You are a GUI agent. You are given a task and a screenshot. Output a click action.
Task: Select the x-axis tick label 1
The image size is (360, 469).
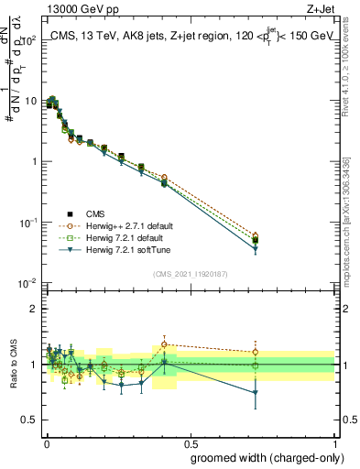click(336, 442)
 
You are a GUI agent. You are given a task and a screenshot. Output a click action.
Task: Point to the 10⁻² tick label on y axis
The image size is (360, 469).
click(27, 284)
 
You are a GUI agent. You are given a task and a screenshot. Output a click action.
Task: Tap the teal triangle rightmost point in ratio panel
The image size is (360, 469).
click(256, 392)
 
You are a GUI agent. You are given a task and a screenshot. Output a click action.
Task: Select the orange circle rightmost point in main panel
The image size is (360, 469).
click(256, 235)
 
